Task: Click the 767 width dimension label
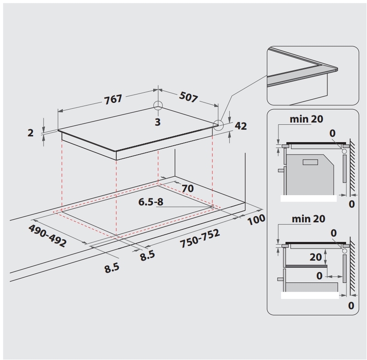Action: [113, 99]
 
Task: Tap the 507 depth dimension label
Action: [189, 97]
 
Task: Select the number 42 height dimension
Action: [240, 126]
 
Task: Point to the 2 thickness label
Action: [31, 133]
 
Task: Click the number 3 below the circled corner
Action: [158, 122]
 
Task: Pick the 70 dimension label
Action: [188, 188]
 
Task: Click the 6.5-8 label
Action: [151, 202]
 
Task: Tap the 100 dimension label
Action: [256, 219]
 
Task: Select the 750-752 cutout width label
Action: [200, 238]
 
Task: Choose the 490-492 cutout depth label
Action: [47, 236]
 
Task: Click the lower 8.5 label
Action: [112, 268]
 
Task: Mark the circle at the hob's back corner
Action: [158, 106]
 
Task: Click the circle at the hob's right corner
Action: [219, 125]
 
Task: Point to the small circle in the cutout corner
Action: [212, 207]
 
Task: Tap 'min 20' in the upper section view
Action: [306, 119]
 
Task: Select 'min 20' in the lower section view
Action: [308, 219]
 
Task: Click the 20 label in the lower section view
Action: [316, 257]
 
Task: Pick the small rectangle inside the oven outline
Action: [310, 162]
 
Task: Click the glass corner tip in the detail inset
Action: [337, 68]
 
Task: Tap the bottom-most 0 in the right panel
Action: [351, 306]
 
